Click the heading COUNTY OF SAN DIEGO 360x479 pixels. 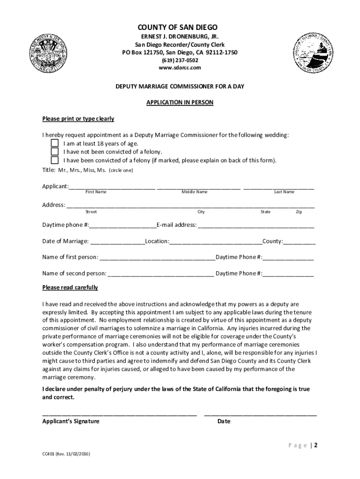(180, 28)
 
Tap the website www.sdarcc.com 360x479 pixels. (180, 68)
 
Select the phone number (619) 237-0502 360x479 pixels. (180, 60)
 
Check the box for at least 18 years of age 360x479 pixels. (55, 144)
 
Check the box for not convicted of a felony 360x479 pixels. (55, 152)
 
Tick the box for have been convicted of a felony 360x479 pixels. (55, 160)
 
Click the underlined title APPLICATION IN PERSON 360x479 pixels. (180, 102)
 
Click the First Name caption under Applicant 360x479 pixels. (96, 192)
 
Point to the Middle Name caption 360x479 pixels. (194, 192)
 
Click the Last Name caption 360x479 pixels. (284, 192)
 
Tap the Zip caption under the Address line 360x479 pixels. (299, 212)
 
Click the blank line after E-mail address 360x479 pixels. (256, 225)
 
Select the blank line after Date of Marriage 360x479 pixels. (117, 242)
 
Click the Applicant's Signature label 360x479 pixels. (71, 421)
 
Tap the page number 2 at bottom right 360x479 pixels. (316, 445)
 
